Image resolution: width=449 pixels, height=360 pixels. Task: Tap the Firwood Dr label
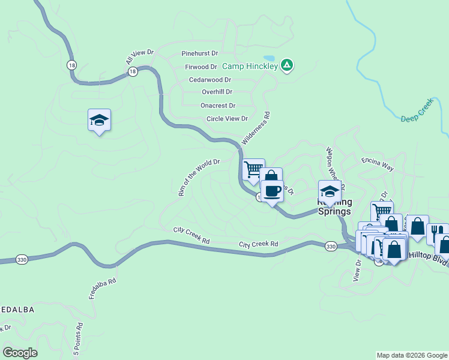[x=200, y=67]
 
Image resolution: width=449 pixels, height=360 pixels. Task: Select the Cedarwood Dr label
[x=209, y=79]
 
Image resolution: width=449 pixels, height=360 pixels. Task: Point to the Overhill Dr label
[x=217, y=92]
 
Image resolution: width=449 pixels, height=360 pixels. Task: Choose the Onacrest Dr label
[x=217, y=105]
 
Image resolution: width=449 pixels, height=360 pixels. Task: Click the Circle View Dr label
[x=227, y=119]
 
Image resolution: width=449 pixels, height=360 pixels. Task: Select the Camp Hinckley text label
[x=250, y=66]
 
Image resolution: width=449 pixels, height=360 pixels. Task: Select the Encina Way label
[x=377, y=164]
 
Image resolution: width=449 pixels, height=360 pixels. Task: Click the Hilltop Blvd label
[x=428, y=256]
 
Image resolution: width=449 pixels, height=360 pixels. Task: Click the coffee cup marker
[x=272, y=191]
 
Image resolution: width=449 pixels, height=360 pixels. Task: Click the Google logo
[x=20, y=352]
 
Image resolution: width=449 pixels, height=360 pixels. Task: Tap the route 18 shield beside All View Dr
[x=133, y=71]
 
